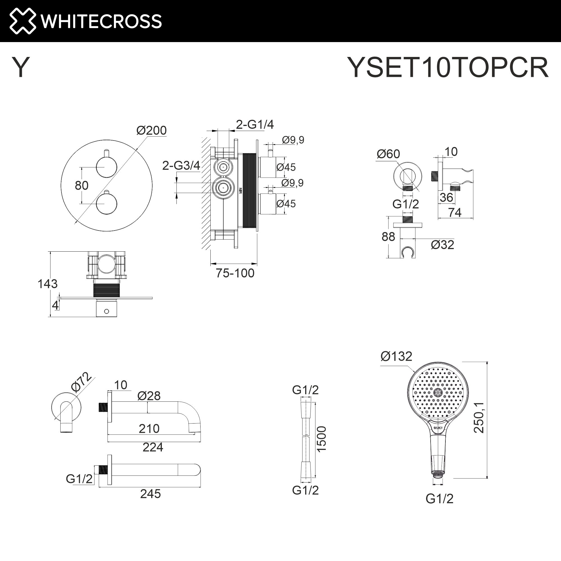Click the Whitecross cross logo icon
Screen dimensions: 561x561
(x=23, y=21)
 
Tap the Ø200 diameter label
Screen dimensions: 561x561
(x=151, y=130)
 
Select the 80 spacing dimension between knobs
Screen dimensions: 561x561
(x=82, y=185)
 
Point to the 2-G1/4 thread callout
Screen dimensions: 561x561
(x=255, y=124)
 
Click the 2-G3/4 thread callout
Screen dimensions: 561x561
(x=181, y=165)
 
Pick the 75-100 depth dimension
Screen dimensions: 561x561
(x=235, y=273)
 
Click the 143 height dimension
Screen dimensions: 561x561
(x=48, y=284)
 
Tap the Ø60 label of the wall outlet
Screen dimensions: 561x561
(x=388, y=154)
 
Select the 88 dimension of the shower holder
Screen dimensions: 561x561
(x=388, y=237)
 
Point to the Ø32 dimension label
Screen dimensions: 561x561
(x=442, y=245)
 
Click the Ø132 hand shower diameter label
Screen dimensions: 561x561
(x=396, y=356)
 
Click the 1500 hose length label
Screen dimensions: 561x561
(x=321, y=439)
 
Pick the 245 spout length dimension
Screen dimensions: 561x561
(x=150, y=494)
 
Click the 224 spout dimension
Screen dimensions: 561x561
(x=153, y=447)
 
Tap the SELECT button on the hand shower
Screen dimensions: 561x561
(x=438, y=428)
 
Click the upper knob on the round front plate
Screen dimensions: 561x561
(x=107, y=167)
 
